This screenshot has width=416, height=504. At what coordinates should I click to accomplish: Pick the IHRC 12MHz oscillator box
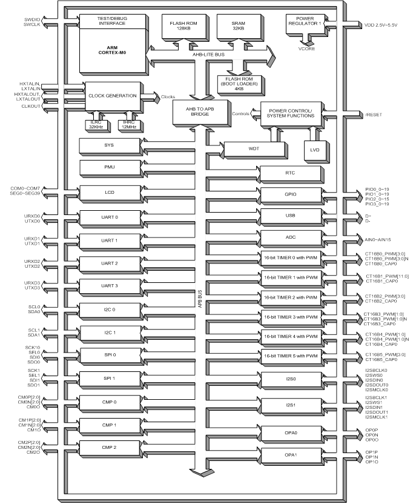pyautogui.click(x=130, y=125)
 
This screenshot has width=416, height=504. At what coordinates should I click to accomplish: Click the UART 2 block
pyautogui.click(x=108, y=263)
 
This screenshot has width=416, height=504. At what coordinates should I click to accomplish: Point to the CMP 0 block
pyautogui.click(x=108, y=402)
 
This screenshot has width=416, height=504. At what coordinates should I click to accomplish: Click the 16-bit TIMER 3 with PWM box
pyautogui.click(x=290, y=317)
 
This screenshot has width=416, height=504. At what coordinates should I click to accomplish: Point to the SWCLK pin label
pyautogui.click(x=32, y=24)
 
